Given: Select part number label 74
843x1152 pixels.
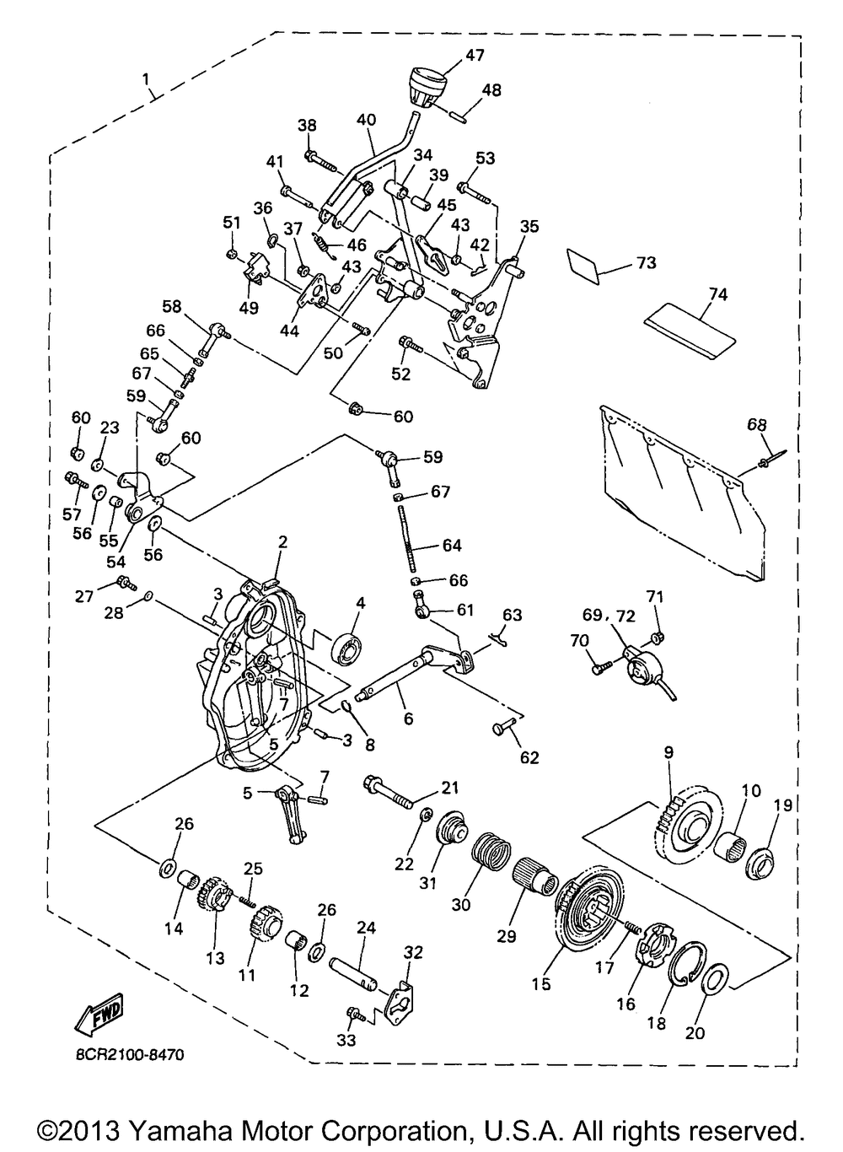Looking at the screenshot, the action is coord(718,294).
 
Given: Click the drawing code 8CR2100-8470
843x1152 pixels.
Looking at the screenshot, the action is coord(130,1055).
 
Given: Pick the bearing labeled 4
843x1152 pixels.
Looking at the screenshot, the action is coord(347,649).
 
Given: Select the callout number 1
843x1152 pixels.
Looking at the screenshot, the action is coord(146,79).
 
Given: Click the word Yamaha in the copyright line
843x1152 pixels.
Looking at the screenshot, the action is coord(179,1130).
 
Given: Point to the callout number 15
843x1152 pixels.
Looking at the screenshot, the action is coord(541,984).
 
